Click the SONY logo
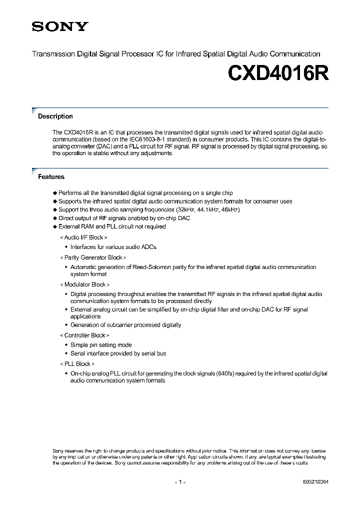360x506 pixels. pos(60,26)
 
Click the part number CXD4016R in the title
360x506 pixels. pos(278,73)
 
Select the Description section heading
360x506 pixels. pos(55,116)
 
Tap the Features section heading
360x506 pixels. pos(51,177)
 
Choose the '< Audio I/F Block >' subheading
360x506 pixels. pos(83,237)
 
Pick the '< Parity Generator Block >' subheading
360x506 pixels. pos(92,257)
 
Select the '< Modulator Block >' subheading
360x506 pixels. pos(84,284)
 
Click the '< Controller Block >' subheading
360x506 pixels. pos(84,335)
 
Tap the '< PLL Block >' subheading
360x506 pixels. pos(76,364)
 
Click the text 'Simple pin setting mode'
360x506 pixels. pos(101,345)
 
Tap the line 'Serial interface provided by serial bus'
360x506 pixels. pos(118,353)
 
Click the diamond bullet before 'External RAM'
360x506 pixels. pos(55,227)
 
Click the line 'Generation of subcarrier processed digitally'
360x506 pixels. pos(125,325)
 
